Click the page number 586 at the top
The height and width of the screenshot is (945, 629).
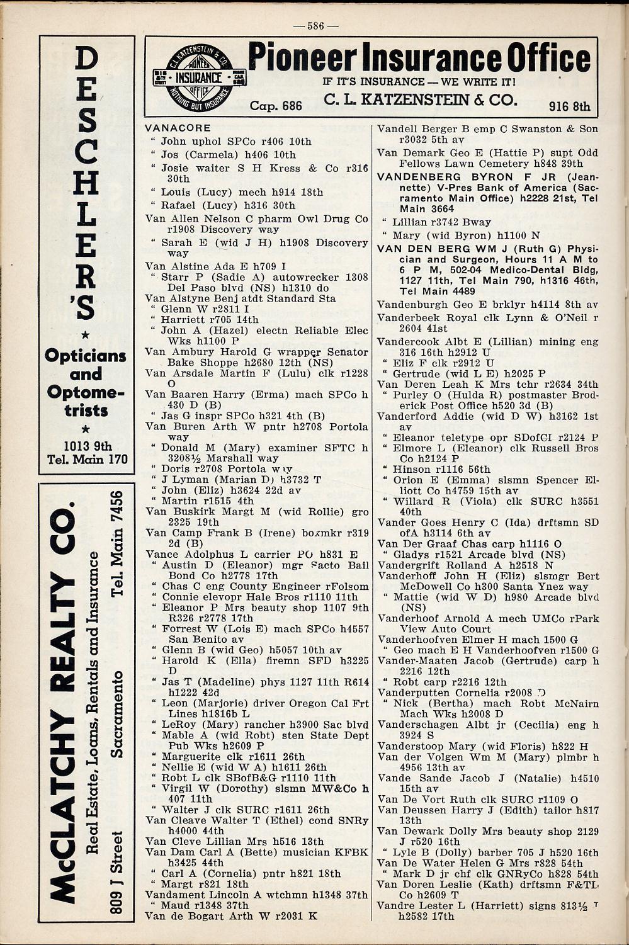pos(315,26)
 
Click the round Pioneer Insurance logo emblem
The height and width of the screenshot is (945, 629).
pos(200,77)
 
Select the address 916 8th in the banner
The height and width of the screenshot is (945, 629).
pos(569,106)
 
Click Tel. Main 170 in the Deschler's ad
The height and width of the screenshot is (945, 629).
pos(87,458)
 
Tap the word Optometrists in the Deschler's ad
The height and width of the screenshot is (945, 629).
pos(86,402)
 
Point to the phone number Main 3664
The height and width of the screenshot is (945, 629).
pos(427,208)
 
